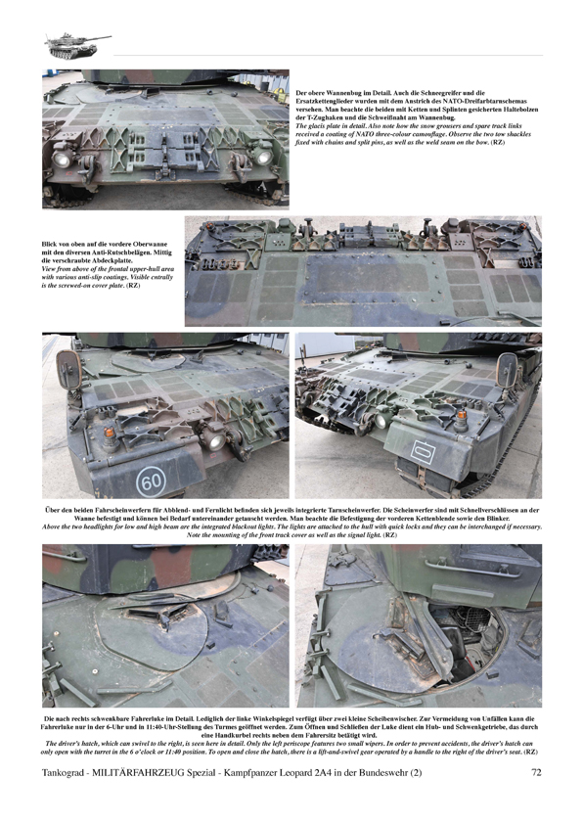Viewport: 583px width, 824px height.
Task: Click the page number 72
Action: pyautogui.click(x=536, y=772)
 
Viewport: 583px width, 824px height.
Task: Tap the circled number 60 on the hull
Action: pyautogui.click(x=151, y=481)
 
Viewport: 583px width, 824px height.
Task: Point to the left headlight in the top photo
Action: pyautogui.click(x=62, y=159)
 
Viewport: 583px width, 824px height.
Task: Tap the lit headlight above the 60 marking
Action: pyautogui.click(x=214, y=442)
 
